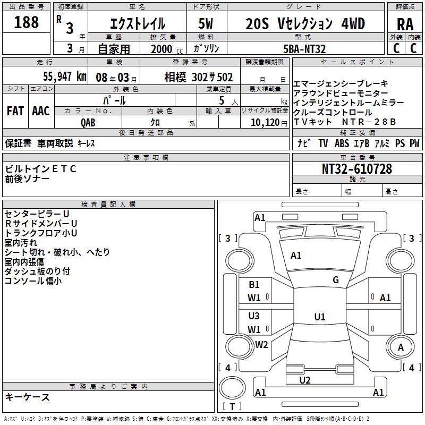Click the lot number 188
click(x=26, y=22)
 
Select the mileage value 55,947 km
click(x=65, y=76)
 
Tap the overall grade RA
click(x=405, y=24)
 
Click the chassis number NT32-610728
click(x=357, y=168)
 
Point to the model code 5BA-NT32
click(x=304, y=49)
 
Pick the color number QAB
click(x=88, y=123)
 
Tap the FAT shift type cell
click(x=15, y=111)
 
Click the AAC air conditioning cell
click(x=41, y=111)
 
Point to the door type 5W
click(x=206, y=23)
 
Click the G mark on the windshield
click(x=336, y=280)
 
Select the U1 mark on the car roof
click(x=320, y=317)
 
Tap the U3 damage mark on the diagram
click(x=254, y=316)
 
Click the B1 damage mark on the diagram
click(x=254, y=284)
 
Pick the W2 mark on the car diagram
click(x=261, y=344)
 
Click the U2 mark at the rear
click(x=305, y=380)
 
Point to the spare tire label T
click(x=232, y=406)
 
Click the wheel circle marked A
click(x=401, y=347)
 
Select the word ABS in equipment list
click(x=342, y=143)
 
